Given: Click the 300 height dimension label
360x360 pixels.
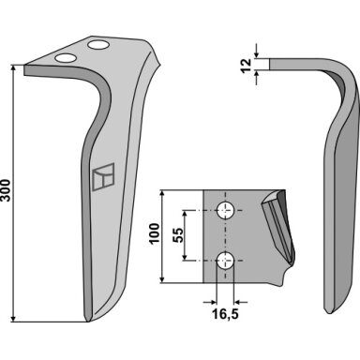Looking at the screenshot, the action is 6,190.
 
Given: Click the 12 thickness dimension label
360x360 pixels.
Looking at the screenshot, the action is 247,65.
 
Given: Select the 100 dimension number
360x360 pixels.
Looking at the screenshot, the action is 154,233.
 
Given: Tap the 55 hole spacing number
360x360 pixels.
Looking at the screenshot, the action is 178,235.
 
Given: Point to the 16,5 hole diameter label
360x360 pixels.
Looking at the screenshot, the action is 226,314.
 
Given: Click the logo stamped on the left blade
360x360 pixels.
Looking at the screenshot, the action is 104,176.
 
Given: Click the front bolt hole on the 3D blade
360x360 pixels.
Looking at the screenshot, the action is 66,58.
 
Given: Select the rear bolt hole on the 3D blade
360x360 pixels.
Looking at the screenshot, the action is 98,45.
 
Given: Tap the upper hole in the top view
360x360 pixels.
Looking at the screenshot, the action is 226,210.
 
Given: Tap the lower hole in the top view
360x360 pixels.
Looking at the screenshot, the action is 226,261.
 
